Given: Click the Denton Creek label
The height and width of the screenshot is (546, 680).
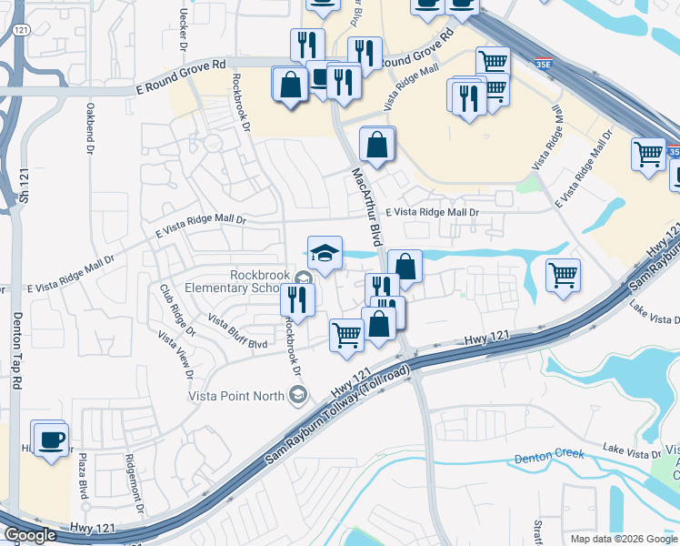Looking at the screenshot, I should pyautogui.click(x=548, y=457).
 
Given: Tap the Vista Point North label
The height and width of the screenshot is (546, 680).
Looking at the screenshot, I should pyautogui.click(x=235, y=395).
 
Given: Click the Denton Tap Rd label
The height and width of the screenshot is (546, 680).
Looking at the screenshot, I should pyautogui.click(x=16, y=350).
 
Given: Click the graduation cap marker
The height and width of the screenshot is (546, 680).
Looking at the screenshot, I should pyautogui.click(x=325, y=252).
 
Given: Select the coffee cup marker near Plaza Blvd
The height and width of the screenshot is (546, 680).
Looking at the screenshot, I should pyautogui.click(x=51, y=440).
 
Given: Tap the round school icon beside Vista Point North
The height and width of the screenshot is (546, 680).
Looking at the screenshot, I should pyautogui.click(x=296, y=394).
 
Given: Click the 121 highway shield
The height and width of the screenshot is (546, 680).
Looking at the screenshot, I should pyautogui.click(x=21, y=30).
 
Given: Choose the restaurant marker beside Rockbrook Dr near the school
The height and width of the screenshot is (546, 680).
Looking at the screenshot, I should pyautogui.click(x=297, y=298).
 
